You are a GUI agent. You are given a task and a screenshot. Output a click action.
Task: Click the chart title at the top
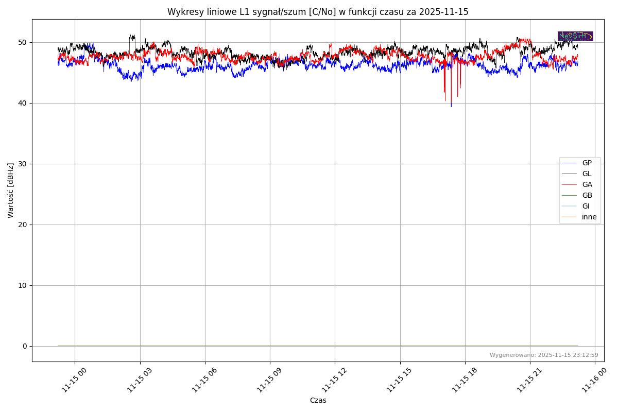[x=318, y=12]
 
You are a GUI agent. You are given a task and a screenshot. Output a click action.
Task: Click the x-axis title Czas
[x=318, y=400]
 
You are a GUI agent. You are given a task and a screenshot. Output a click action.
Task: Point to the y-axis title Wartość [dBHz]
[x=11, y=190]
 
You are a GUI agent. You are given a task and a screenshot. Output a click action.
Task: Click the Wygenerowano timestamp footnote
[x=544, y=355]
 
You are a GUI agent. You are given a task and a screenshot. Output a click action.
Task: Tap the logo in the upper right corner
[x=575, y=36]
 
